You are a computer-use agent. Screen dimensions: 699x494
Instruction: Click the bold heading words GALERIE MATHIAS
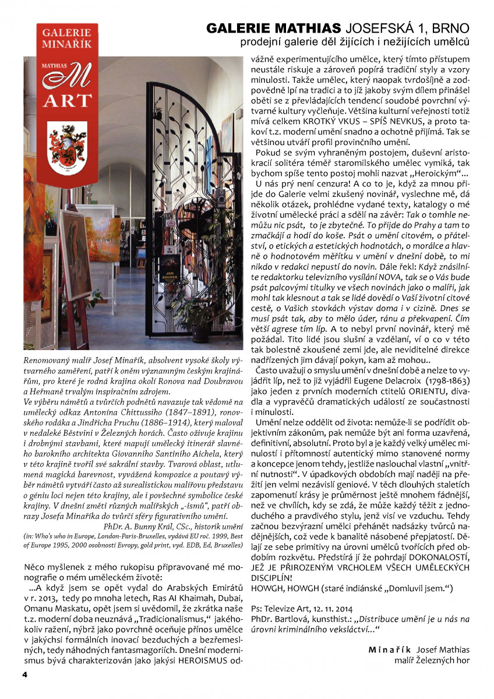click(x=274, y=28)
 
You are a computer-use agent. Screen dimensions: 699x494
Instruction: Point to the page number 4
click(x=24, y=675)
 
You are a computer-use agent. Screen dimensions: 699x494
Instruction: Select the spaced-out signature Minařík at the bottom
click(x=390, y=649)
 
